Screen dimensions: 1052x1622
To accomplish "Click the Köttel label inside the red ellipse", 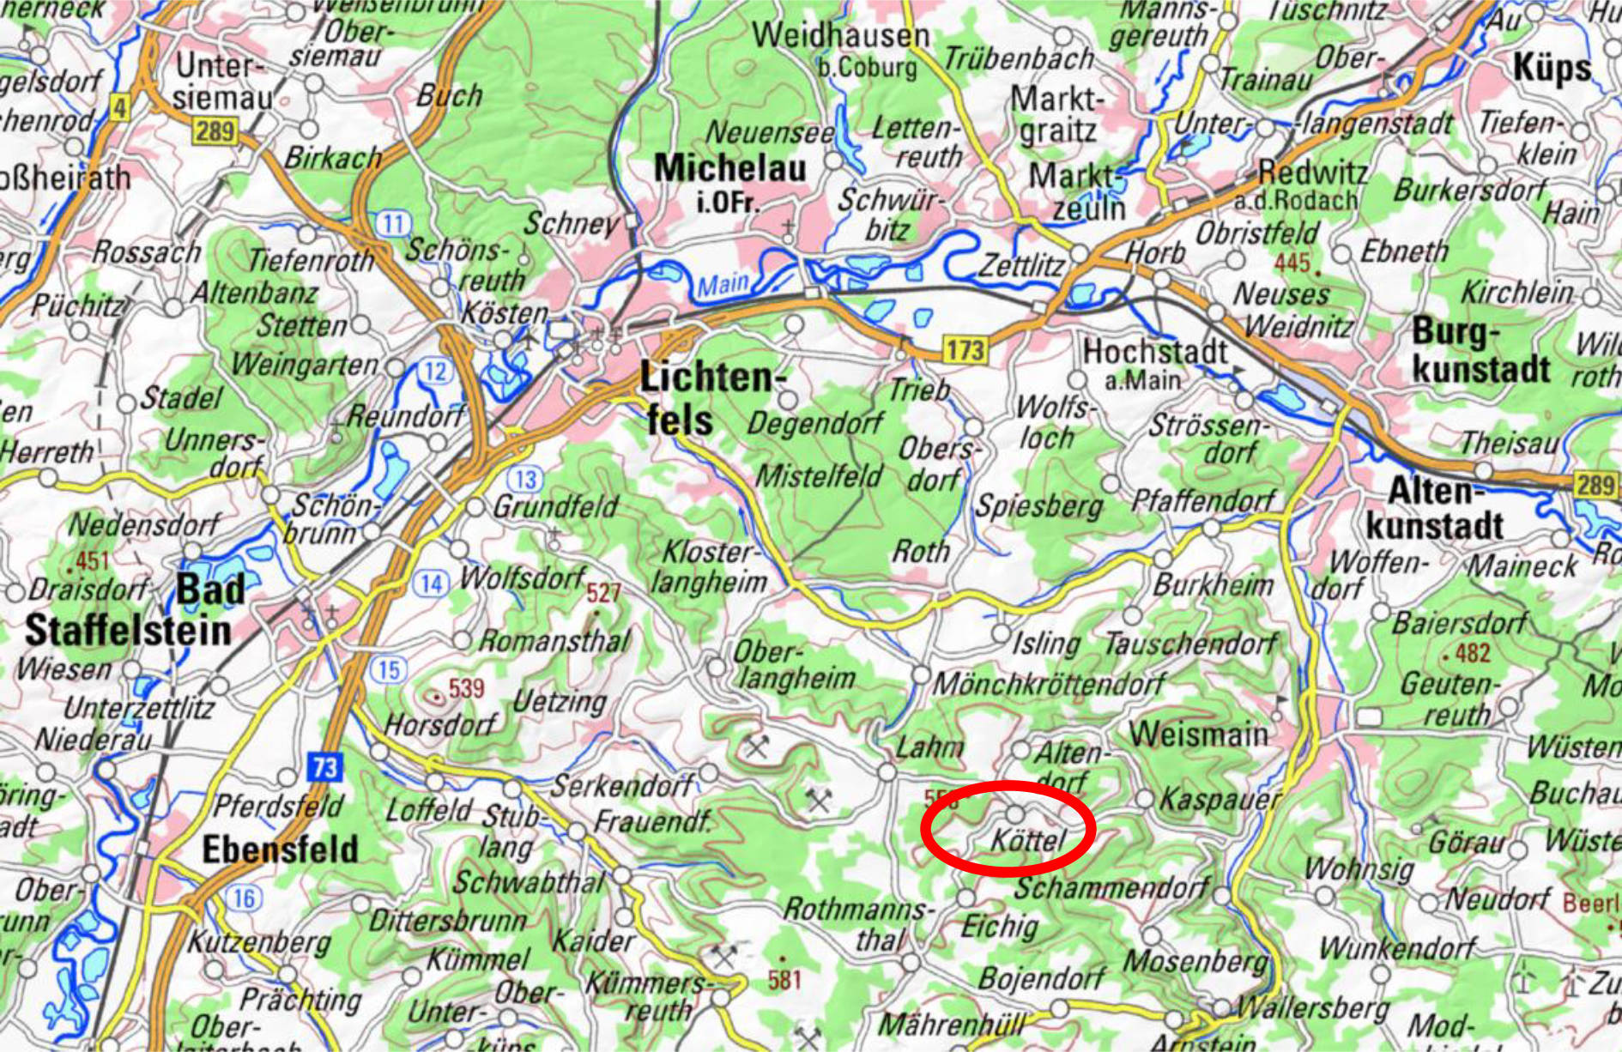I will [1027, 840].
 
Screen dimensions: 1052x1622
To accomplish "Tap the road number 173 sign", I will [965, 349].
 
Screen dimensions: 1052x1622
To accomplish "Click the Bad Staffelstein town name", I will [129, 611].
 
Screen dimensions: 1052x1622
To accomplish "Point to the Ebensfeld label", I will [280, 849].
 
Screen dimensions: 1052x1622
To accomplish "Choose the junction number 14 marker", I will [431, 584].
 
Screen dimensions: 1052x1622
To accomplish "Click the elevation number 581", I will [784, 979].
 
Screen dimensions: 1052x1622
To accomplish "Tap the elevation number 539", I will [466, 688].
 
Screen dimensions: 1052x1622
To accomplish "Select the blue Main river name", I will [722, 284].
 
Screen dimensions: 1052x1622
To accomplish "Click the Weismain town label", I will [1198, 735].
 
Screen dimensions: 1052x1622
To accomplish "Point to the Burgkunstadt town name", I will [1480, 352].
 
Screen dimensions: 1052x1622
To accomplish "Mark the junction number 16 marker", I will [244, 898].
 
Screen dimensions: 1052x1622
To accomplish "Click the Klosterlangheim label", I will [709, 567].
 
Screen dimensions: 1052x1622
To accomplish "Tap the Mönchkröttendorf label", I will [1048, 684].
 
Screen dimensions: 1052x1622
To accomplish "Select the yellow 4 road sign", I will [119, 107].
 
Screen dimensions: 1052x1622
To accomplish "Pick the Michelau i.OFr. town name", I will [729, 178].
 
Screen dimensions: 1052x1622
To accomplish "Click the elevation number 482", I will [1472, 654].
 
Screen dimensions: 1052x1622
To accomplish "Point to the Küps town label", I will [1552, 68].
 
